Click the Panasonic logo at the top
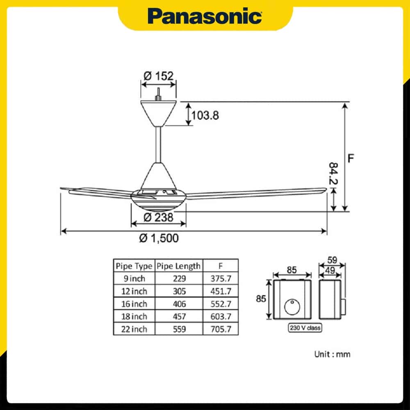click(x=205, y=16)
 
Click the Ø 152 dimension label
click(x=159, y=75)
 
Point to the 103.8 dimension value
click(x=205, y=115)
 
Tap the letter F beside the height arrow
click(x=351, y=158)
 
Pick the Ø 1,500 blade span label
click(x=159, y=238)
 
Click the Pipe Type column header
click(x=134, y=266)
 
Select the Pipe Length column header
click(x=179, y=266)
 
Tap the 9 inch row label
click(x=134, y=278)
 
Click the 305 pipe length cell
click(x=179, y=291)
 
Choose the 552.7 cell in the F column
click(x=221, y=304)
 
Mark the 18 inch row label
click(x=134, y=317)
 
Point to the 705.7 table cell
click(x=221, y=329)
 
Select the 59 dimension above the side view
click(x=332, y=260)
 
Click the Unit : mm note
click(x=332, y=354)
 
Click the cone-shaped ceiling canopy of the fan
click(x=158, y=112)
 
